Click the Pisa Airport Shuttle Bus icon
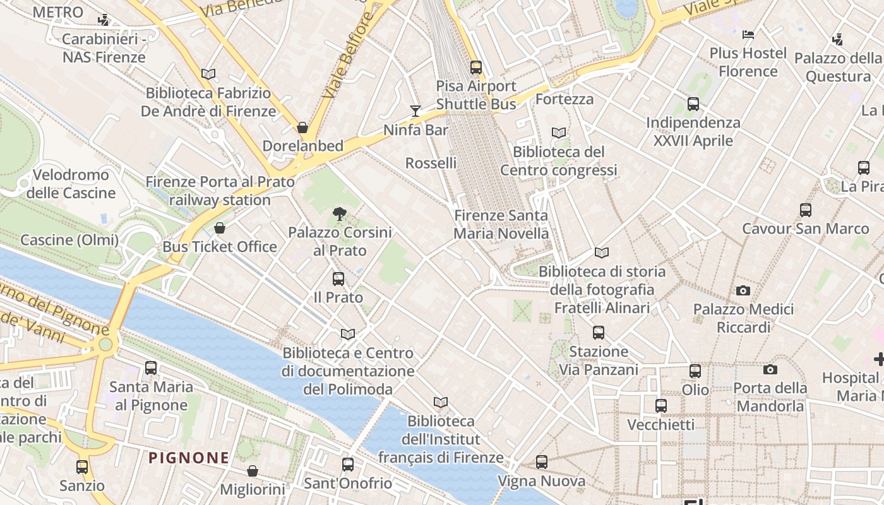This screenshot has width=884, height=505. click(476, 67)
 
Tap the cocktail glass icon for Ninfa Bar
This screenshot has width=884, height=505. click(415, 111)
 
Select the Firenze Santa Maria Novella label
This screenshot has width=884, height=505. click(501, 224)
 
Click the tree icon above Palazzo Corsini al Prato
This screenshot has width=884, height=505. click(340, 214)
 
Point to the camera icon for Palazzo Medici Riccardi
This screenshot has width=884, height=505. click(743, 291)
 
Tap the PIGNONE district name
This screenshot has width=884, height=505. click(189, 458)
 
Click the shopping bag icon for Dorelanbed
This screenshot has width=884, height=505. click(302, 128)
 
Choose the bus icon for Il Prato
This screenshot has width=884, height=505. click(338, 278)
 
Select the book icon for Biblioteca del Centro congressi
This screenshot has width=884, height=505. click(559, 133)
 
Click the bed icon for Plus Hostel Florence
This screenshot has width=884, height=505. click(748, 34)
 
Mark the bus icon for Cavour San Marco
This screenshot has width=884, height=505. click(806, 210)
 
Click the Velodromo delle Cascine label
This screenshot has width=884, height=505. click(71, 184)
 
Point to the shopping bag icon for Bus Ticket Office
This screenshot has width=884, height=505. click(220, 228)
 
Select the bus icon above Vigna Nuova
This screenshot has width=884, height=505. click(542, 462)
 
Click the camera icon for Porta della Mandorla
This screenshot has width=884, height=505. click(770, 369)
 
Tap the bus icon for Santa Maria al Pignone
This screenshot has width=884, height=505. click(151, 367)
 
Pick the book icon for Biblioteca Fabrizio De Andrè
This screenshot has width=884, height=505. click(208, 74)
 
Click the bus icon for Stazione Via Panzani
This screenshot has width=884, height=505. click(599, 332)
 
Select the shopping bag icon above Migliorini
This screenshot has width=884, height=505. click(253, 471)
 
